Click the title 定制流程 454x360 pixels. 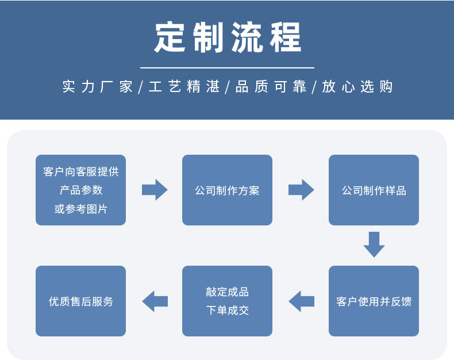[x=228, y=38]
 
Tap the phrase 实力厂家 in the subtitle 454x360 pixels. [x=97, y=87]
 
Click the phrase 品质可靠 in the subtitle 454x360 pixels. [x=271, y=87]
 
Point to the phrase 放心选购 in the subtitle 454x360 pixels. [x=357, y=87]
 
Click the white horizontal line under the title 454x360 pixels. [x=228, y=68]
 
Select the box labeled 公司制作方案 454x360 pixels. [x=227, y=190]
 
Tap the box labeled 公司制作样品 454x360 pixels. [x=374, y=190]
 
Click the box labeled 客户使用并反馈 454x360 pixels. [x=374, y=301]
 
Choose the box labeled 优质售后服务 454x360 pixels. [x=80, y=301]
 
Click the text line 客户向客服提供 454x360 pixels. [x=80, y=171]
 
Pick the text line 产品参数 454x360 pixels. [x=80, y=190]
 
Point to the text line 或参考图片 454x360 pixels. [x=80, y=209]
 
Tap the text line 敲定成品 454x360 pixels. [x=227, y=292]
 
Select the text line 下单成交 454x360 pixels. [x=227, y=311]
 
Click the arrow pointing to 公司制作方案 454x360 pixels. [x=155, y=190]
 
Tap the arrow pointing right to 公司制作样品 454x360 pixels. [x=301, y=190]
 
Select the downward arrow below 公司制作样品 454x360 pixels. [x=374, y=244]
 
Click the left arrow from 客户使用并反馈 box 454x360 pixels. [x=301, y=301]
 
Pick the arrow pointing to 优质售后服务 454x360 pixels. [x=155, y=301]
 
